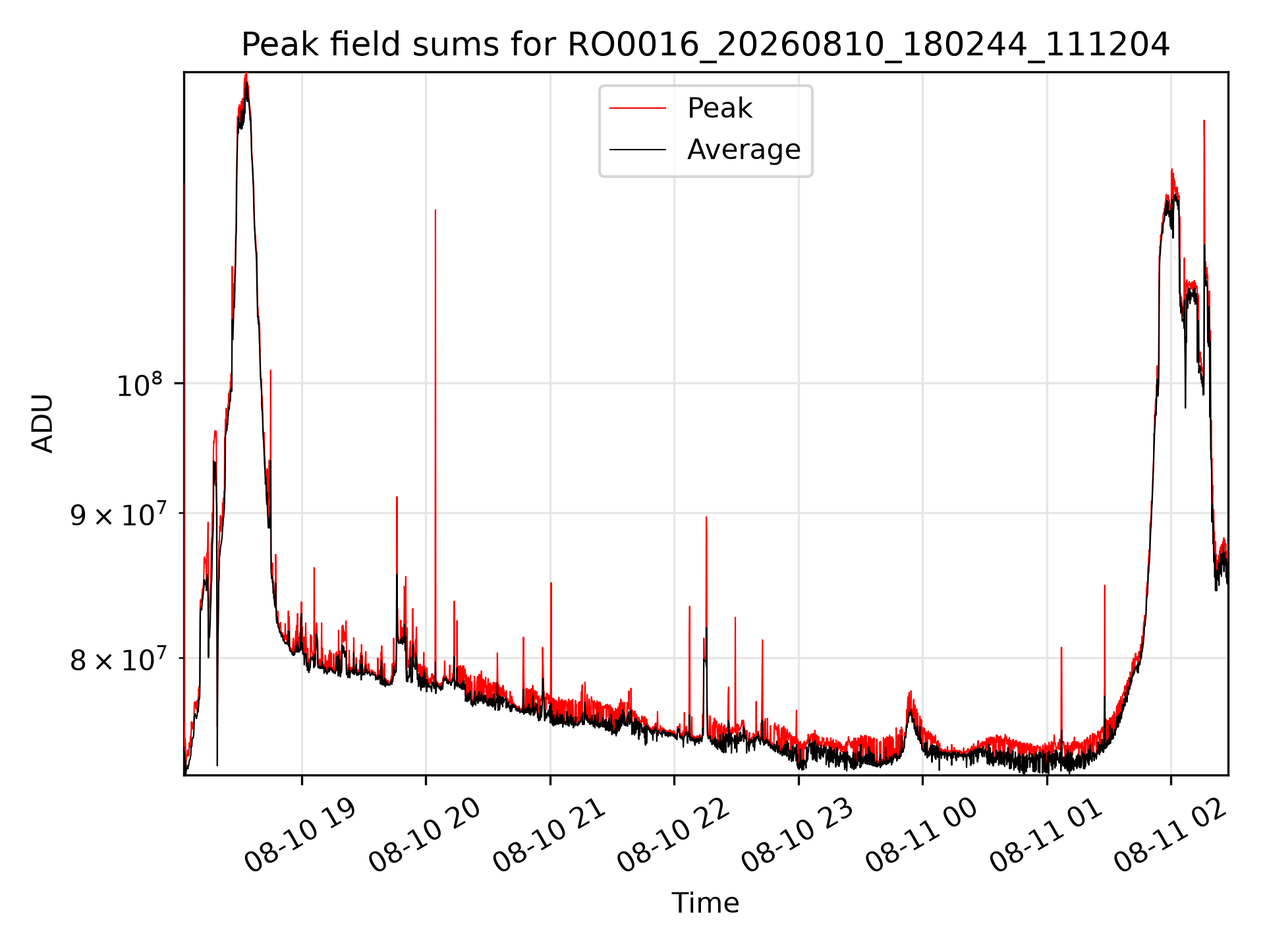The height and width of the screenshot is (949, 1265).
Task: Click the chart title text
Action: point(706,45)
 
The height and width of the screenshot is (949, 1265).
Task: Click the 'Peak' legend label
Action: point(719,108)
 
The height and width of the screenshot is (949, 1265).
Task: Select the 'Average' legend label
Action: point(744,150)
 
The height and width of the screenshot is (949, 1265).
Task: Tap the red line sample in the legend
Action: point(638,108)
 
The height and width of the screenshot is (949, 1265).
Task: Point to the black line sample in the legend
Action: point(638,150)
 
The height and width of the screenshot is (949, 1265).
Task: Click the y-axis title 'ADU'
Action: point(43,423)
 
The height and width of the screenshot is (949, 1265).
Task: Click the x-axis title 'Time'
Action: point(706,903)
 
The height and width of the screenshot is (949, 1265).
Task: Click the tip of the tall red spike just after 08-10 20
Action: point(436,210)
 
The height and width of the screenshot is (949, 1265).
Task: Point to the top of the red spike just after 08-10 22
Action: point(706,517)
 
